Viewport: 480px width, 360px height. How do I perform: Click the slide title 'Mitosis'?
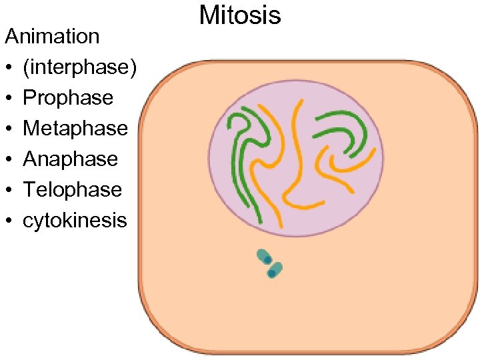[240, 15]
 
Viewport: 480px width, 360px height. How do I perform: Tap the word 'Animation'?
[52, 36]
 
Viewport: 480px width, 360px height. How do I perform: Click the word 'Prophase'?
[68, 97]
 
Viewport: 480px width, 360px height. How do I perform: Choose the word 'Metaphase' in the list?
[75, 128]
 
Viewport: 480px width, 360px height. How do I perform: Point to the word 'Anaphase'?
[71, 159]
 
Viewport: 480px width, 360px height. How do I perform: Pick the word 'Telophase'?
[72, 189]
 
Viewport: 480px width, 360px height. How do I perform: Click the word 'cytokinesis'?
[75, 220]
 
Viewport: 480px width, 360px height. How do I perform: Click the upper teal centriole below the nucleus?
[265, 257]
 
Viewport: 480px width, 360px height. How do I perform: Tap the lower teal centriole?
[274, 270]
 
